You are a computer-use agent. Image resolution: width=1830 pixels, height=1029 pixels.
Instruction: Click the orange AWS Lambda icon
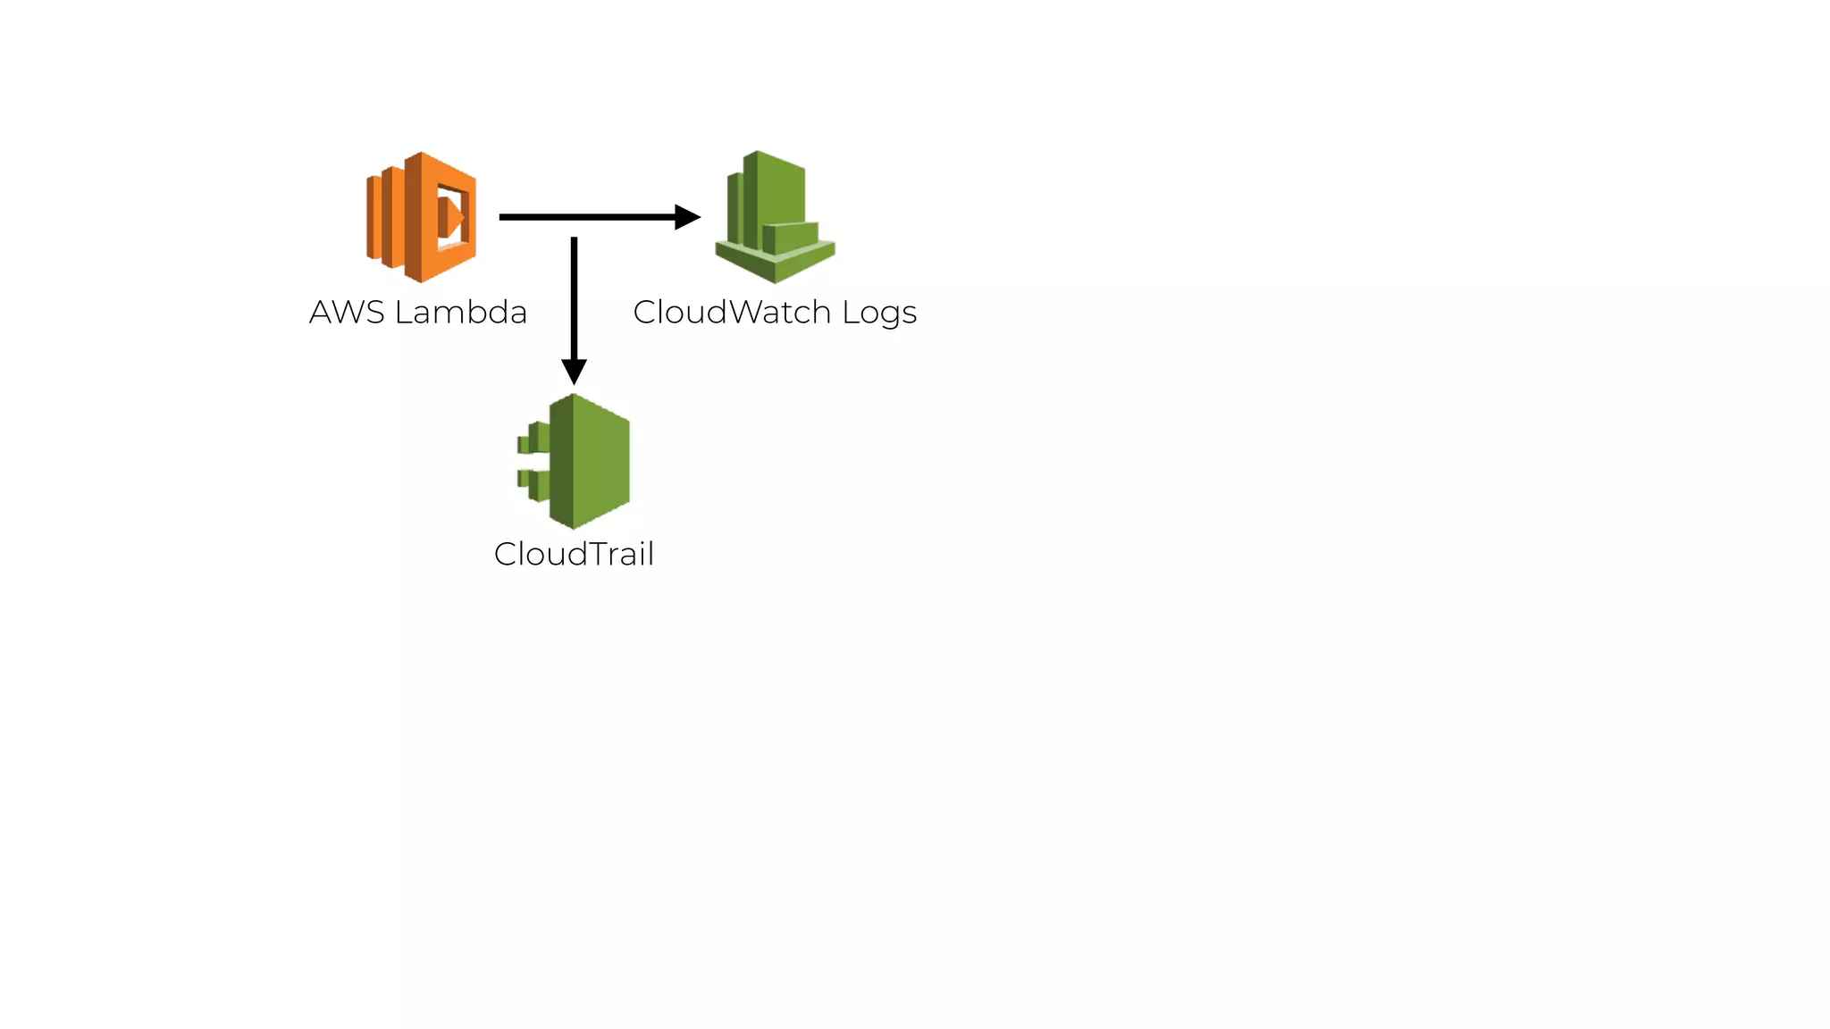pyautogui.click(x=421, y=217)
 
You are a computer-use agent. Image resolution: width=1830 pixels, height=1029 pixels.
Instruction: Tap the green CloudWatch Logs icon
pyautogui.click(x=775, y=217)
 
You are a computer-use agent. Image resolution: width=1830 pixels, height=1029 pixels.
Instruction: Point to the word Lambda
pyautogui.click(x=460, y=313)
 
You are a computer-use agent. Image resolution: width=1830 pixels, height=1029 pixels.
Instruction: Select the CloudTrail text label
pyautogui.click(x=574, y=555)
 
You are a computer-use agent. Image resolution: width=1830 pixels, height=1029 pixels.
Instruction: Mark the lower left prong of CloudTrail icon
pyautogui.click(x=533, y=483)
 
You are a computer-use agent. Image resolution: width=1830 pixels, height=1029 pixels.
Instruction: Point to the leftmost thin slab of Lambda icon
pyautogui.click(x=374, y=217)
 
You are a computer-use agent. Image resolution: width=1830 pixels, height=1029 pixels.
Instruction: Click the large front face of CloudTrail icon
pyautogui.click(x=600, y=461)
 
